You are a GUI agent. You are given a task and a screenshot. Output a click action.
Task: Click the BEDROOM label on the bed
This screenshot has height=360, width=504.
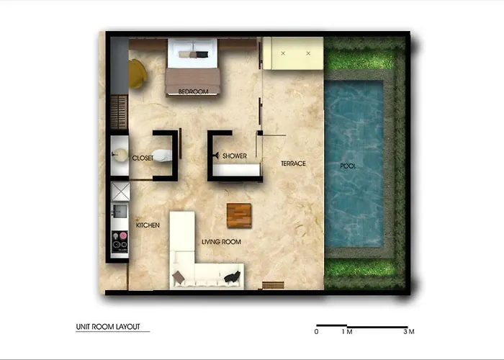point(193,91)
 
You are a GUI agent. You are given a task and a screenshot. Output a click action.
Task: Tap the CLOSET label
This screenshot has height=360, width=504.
point(143,158)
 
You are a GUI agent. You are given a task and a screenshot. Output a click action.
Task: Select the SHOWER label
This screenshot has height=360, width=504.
point(235,156)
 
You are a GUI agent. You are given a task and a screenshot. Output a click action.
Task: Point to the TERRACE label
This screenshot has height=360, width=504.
point(293,163)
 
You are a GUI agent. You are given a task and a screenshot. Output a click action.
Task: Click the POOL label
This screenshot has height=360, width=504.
point(348,166)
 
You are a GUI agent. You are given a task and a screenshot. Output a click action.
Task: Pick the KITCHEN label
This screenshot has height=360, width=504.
point(148,225)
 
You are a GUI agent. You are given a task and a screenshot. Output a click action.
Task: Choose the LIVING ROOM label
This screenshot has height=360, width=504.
point(222,242)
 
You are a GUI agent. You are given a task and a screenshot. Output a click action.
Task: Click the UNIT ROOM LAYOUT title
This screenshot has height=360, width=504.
point(108,327)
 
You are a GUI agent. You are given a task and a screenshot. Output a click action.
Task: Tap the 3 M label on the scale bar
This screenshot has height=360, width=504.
point(409,332)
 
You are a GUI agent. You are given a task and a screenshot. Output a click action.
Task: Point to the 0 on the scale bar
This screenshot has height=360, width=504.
point(317,332)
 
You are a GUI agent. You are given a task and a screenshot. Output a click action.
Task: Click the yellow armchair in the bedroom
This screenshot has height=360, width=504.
point(138,74)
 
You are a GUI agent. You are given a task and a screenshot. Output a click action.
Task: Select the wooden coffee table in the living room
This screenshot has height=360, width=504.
point(239,216)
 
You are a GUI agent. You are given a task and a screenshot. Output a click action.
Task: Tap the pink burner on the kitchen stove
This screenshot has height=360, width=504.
point(123,236)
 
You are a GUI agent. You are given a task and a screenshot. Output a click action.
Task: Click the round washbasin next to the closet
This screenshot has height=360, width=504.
point(120,155)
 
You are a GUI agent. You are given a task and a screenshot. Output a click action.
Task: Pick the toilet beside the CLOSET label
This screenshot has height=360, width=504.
point(162,156)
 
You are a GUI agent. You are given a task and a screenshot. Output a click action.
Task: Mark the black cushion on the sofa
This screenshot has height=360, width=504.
point(232,276)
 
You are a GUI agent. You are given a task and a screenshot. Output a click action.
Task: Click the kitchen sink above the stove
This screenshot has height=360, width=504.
point(120,211)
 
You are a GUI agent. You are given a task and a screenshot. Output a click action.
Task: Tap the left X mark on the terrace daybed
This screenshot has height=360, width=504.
point(283,53)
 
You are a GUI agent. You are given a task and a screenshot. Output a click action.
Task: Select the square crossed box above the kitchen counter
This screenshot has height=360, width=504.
point(120,192)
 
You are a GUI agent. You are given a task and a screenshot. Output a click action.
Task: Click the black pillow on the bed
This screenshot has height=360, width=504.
point(202,54)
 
